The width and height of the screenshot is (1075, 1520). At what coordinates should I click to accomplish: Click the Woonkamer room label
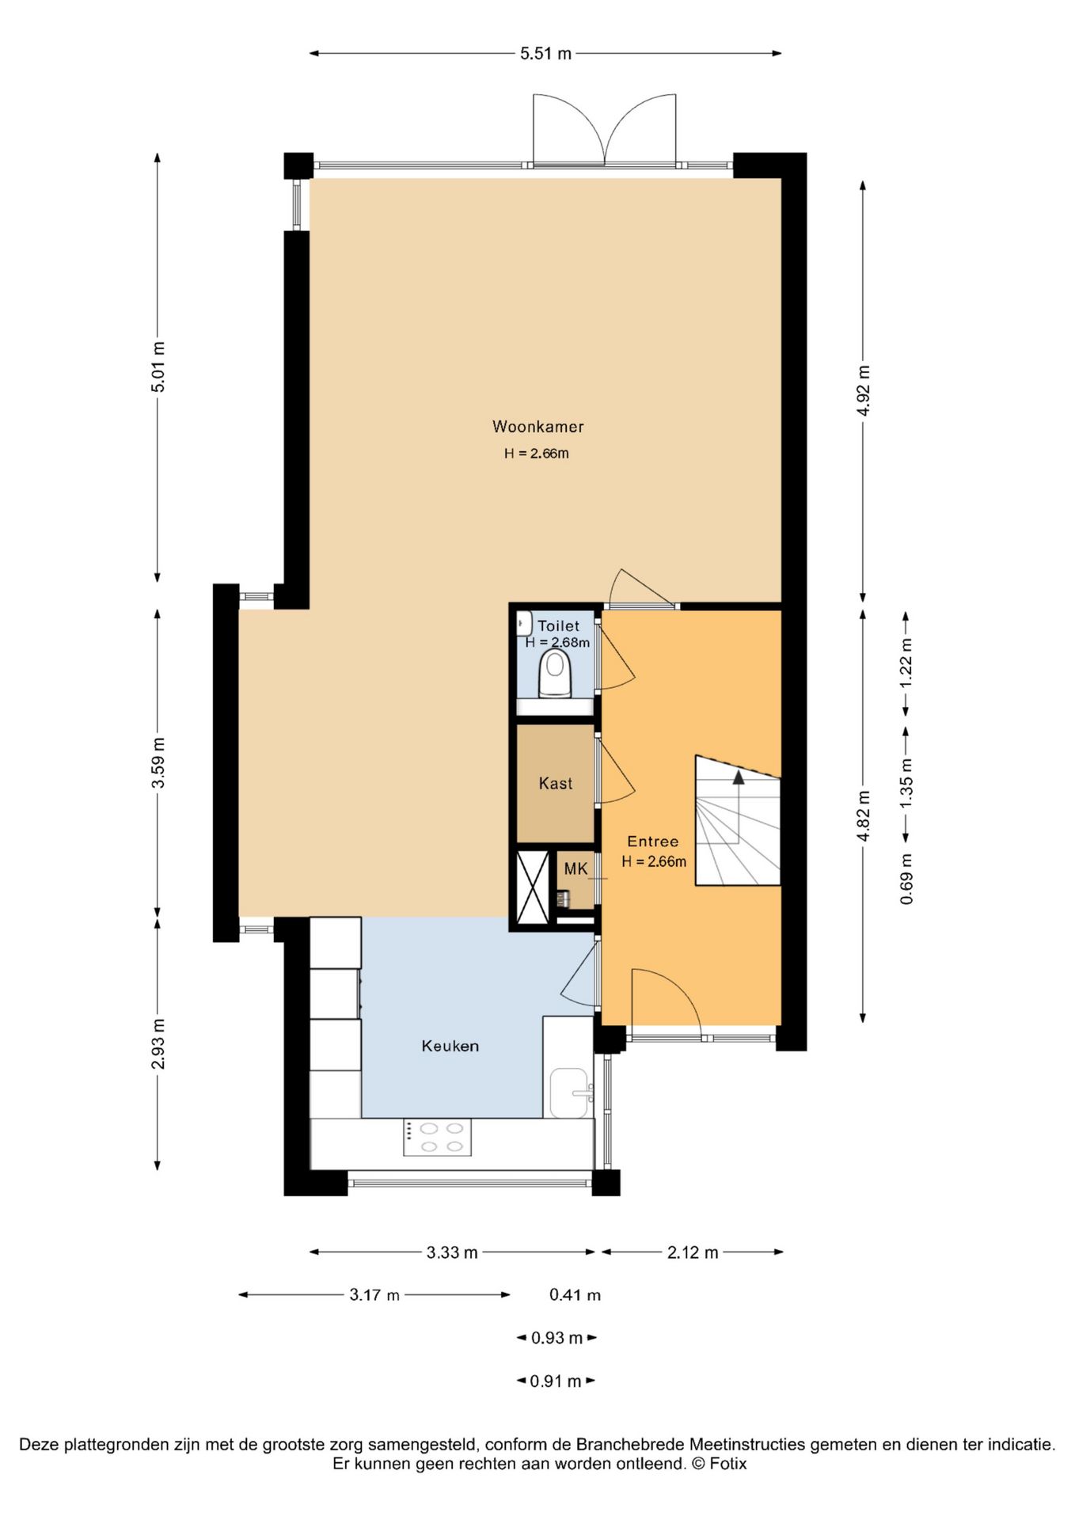click(x=537, y=427)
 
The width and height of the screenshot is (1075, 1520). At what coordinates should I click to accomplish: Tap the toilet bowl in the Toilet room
click(x=555, y=674)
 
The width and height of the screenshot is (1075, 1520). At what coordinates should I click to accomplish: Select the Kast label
click(x=555, y=784)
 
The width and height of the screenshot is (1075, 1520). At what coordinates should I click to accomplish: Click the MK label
click(x=575, y=868)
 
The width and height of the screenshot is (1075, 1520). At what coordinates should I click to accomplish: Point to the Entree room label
click(x=652, y=842)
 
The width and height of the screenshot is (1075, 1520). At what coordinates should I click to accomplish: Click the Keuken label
click(x=450, y=1046)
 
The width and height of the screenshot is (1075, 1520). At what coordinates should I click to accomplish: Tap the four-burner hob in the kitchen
click(x=437, y=1137)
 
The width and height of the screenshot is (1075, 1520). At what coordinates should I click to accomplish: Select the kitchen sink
click(x=571, y=1092)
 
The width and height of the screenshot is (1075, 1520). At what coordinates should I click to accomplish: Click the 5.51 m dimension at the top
click(x=545, y=54)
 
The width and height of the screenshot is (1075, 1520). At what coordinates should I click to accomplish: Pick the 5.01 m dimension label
click(x=158, y=367)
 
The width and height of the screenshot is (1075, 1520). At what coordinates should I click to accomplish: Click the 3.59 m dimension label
click(x=158, y=762)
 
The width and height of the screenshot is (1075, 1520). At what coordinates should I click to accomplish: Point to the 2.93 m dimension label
click(x=158, y=1043)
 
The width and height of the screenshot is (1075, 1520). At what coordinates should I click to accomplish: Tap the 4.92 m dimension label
click(x=864, y=390)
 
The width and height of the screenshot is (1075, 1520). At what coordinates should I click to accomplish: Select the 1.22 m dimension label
click(x=906, y=663)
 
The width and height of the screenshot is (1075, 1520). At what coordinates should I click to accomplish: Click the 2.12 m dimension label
click(x=693, y=1252)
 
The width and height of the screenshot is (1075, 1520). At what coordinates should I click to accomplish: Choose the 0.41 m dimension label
click(x=575, y=1295)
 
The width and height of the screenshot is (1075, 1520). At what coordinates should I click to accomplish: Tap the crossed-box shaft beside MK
click(x=533, y=887)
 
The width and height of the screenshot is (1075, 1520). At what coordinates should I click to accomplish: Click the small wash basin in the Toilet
click(x=524, y=623)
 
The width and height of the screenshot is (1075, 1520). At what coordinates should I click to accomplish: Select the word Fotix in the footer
click(x=728, y=1464)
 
